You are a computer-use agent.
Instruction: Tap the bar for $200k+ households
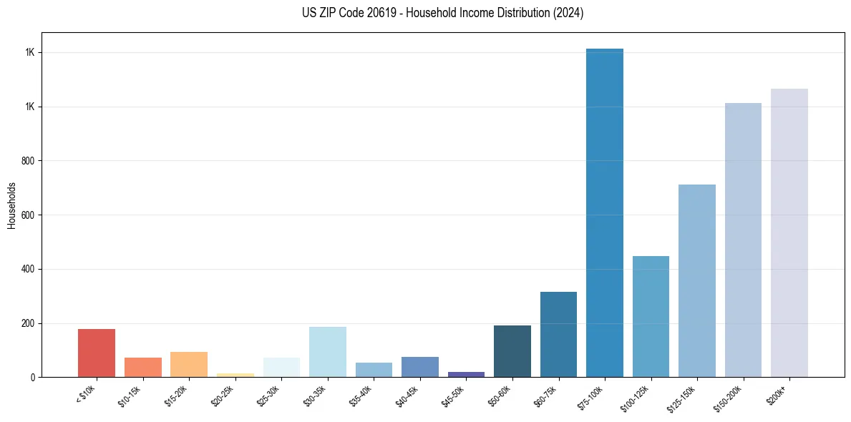[789, 232]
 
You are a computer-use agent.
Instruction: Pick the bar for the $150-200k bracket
[743, 240]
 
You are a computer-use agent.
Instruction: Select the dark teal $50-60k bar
[512, 351]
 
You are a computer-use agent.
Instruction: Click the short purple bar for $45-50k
[466, 374]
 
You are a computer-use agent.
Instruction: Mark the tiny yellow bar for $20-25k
[235, 375]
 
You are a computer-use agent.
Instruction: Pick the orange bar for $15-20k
[189, 364]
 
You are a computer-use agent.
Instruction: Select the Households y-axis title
[11, 205]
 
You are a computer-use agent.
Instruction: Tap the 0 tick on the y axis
[32, 378]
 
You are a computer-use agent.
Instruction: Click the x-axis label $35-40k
[363, 396]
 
